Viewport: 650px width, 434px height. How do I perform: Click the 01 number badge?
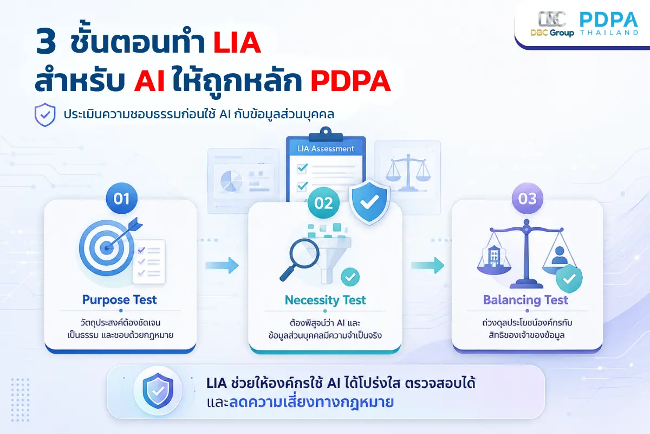click(x=121, y=199)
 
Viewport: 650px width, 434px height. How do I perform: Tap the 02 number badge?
click(x=323, y=203)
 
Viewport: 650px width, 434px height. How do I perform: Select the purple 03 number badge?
click(x=527, y=199)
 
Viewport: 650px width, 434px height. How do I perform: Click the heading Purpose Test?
click(x=120, y=299)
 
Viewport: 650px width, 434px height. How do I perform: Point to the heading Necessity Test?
click(x=326, y=300)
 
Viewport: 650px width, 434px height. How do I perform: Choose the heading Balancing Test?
click(x=525, y=299)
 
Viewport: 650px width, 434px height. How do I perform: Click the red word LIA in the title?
click(x=237, y=42)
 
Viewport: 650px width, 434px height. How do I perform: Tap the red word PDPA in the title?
click(x=350, y=80)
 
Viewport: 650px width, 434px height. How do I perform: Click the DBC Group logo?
click(x=552, y=24)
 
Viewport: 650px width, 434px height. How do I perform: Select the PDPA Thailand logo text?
click(x=609, y=23)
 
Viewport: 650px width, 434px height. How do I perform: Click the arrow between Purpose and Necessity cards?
click(x=222, y=265)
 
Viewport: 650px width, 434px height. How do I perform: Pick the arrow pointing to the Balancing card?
click(x=428, y=265)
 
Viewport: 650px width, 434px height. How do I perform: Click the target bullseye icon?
click(x=107, y=248)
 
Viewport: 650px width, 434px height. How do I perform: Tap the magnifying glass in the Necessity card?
click(x=300, y=259)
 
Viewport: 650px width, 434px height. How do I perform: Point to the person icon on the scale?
click(x=559, y=256)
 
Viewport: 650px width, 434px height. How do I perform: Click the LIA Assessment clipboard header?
click(x=326, y=149)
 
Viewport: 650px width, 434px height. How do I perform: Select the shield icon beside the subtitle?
click(x=45, y=115)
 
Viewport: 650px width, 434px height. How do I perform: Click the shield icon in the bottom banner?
click(x=158, y=391)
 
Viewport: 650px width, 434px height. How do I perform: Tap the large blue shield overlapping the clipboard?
click(x=369, y=201)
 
